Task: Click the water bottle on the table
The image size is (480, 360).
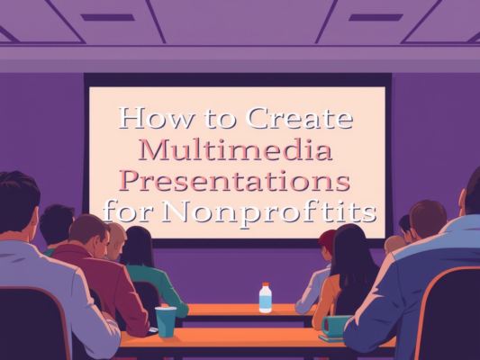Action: [265, 298]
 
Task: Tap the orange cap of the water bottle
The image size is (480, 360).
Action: [265, 285]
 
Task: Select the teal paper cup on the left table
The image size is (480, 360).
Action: [166, 320]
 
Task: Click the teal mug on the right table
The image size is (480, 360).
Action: [332, 326]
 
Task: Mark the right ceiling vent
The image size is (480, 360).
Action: [375, 16]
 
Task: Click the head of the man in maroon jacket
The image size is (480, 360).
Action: [88, 236]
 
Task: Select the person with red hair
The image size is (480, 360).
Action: [327, 241]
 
